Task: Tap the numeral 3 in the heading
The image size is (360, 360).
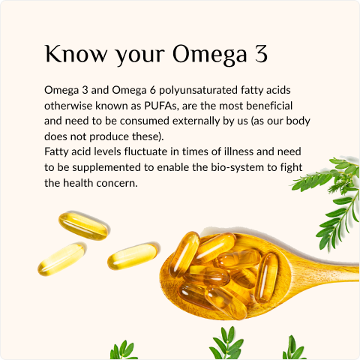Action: point(261,54)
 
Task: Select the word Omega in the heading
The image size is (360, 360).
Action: point(210,55)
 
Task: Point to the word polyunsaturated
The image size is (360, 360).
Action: point(198,91)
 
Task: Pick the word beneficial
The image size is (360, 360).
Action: point(269,106)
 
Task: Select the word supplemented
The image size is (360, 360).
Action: point(106,168)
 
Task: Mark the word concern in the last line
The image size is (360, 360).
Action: point(117,183)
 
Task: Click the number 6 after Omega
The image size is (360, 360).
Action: point(153,90)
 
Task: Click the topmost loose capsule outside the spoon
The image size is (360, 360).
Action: point(83,226)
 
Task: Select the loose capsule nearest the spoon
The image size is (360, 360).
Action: point(133,256)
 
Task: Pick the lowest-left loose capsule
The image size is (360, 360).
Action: point(61,259)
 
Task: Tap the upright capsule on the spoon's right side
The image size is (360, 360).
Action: point(266,277)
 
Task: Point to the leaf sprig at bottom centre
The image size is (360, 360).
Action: point(226,343)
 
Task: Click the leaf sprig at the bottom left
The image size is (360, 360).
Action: point(124,350)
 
